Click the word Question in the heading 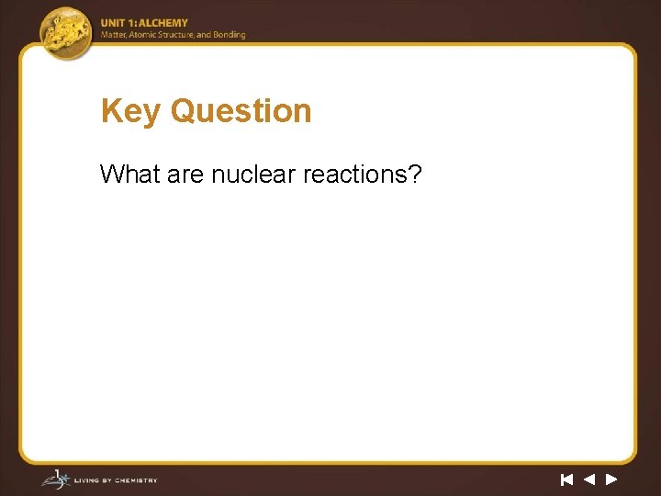coord(241,111)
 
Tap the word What coord(130,173)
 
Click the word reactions coord(354,173)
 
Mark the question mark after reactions coord(415,173)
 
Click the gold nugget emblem coord(66,32)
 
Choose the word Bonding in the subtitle coord(230,35)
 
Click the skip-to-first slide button coord(566,479)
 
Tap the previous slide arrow coord(588,479)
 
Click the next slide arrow coord(611,479)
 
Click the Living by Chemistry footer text coord(117,480)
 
